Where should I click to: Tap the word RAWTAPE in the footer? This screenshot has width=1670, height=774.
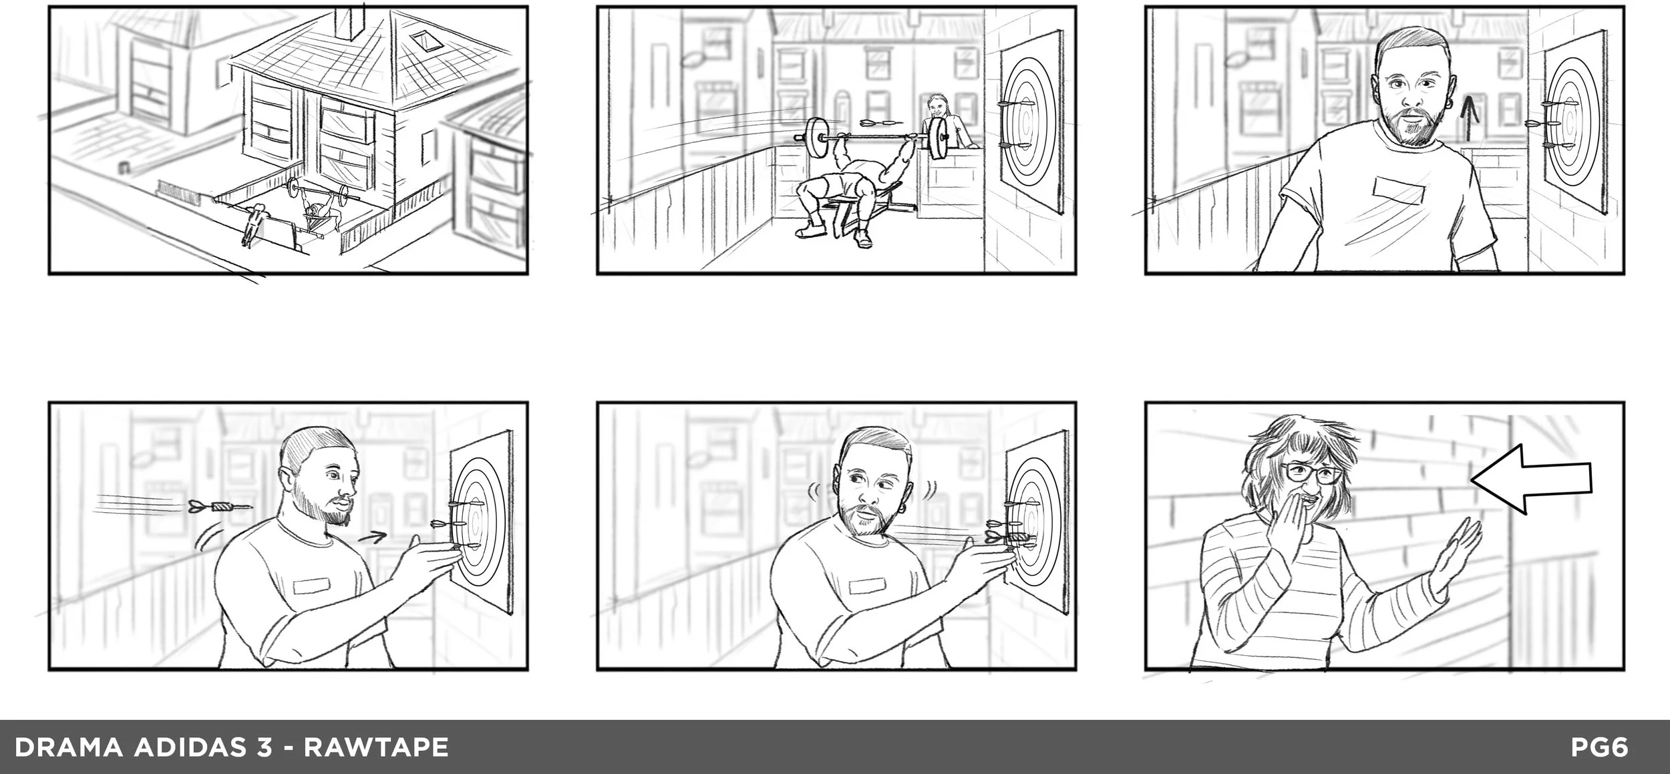376,747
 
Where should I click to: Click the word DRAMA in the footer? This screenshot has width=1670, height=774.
69,747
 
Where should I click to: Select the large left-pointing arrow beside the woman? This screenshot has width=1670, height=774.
1530,479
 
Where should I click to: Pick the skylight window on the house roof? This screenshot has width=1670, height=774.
423,41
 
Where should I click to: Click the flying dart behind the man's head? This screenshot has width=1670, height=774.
220,507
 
